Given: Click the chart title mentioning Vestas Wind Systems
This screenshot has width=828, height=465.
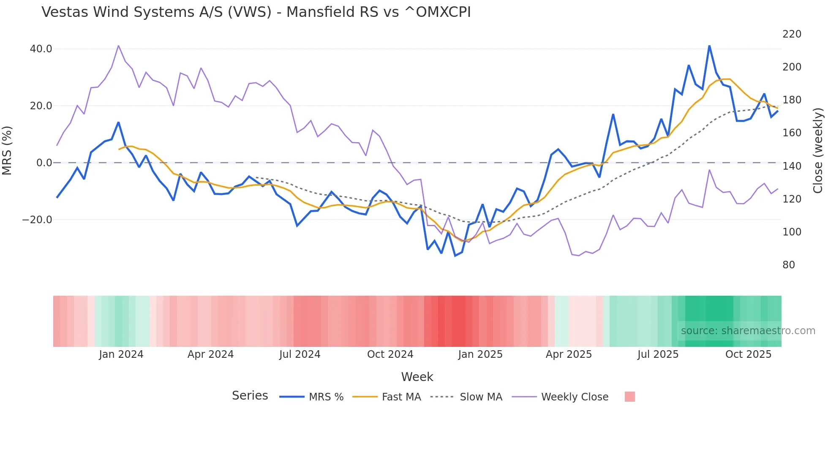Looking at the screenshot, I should [x=256, y=12].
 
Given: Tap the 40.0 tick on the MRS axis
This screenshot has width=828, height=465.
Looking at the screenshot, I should [x=41, y=49].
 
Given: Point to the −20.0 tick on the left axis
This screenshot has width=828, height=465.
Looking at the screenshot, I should [x=37, y=220].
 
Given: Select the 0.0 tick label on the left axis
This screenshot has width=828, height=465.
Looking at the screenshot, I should [x=44, y=163].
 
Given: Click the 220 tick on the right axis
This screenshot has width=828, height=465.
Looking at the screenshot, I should [x=792, y=34].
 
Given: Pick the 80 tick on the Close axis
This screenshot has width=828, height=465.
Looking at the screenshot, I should [x=789, y=265].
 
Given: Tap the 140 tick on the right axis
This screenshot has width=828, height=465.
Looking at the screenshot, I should [x=792, y=166].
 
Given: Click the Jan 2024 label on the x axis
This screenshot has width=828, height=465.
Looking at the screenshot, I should [x=121, y=354].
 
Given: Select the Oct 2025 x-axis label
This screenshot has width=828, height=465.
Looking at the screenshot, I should [x=748, y=354].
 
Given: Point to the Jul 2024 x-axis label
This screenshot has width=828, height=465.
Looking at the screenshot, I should [x=300, y=354].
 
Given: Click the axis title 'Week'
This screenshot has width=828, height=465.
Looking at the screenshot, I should [x=417, y=377].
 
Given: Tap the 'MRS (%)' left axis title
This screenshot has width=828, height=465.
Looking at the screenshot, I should [x=7, y=150].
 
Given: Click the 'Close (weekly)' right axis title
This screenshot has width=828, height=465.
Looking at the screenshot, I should [x=818, y=150].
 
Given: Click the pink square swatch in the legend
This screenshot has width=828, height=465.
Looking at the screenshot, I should [x=629, y=397].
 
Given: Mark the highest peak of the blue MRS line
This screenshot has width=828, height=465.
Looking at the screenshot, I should [x=709, y=46].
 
